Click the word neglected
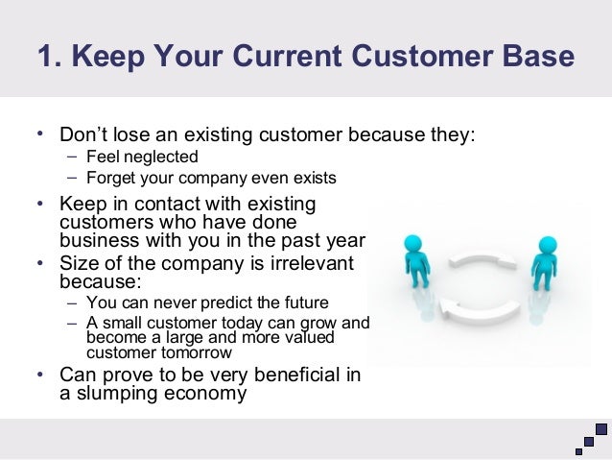click(x=161, y=157)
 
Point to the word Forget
click(x=109, y=178)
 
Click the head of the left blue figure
click(x=413, y=244)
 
